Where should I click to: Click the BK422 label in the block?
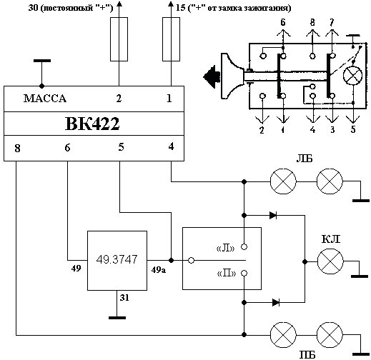click(x=92, y=124)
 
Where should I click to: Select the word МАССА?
click(x=45, y=99)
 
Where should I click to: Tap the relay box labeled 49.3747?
click(x=117, y=261)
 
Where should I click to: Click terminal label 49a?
click(x=159, y=270)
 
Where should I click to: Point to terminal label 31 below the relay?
click(x=124, y=298)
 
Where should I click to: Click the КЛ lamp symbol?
click(x=330, y=261)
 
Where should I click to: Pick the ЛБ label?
click(x=305, y=159)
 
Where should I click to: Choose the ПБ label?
click(x=307, y=355)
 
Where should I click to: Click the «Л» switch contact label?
click(x=225, y=249)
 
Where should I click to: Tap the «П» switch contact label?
click(x=227, y=274)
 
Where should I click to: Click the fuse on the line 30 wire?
click(x=119, y=39)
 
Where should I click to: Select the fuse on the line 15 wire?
click(x=171, y=39)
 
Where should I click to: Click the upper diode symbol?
click(x=273, y=216)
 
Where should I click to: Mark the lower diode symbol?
click(x=276, y=303)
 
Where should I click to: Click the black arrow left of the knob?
click(x=212, y=76)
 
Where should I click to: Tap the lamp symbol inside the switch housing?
click(x=352, y=76)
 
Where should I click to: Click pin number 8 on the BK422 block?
click(x=17, y=148)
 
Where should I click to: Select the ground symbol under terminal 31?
click(x=117, y=318)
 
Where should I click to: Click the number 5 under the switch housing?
click(x=353, y=129)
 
